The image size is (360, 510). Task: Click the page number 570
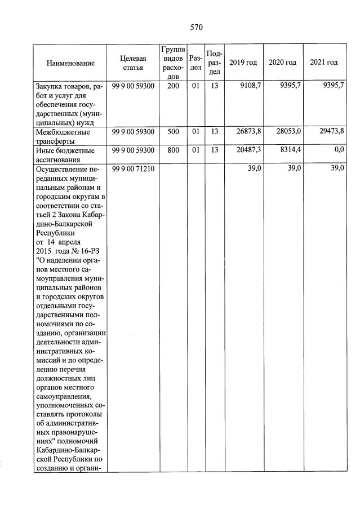196,27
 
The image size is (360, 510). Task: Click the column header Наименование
70,63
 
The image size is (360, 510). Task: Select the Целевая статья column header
133,63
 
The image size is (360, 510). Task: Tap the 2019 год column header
243,63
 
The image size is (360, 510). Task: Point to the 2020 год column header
283,63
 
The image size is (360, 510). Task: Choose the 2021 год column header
324,63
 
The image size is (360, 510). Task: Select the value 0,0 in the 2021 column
339,150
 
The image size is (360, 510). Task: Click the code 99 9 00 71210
133,169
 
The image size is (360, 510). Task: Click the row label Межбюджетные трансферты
63,136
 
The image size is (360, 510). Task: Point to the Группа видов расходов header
173,63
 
